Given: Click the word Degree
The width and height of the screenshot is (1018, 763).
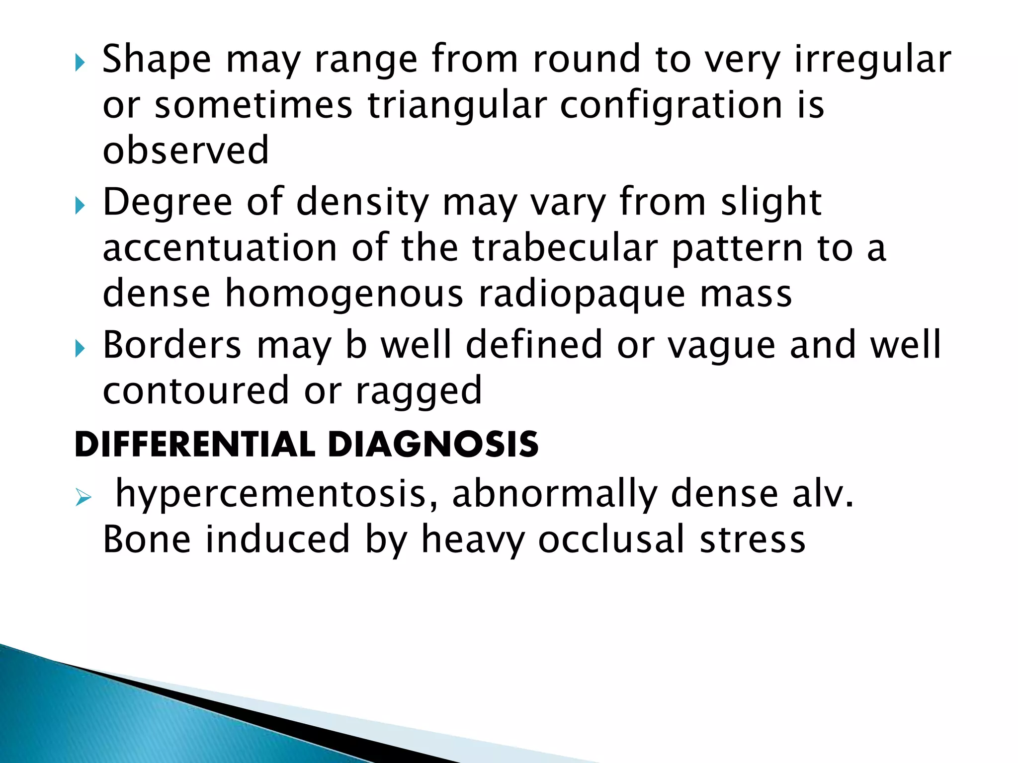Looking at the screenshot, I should [x=168, y=203].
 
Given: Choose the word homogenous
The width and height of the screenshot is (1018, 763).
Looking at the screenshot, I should [x=344, y=293].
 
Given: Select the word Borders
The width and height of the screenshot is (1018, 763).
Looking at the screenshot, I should [x=172, y=345].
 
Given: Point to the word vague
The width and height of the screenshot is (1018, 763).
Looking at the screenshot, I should [x=721, y=346].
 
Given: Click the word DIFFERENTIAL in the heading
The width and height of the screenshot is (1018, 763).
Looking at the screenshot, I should [x=195, y=444].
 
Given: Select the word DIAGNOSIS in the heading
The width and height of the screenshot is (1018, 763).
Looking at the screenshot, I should [x=433, y=444].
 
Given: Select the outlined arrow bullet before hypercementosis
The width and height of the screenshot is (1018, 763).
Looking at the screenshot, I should [x=84, y=497].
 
